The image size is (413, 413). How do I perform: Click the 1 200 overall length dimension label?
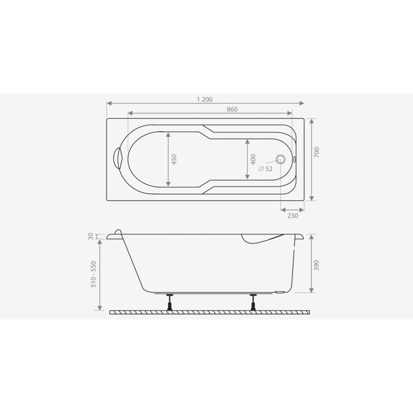pos(205,99)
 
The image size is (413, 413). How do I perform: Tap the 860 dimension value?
pos(232,109)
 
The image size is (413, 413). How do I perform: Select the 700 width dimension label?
pos(317,152)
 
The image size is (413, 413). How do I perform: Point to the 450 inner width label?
pos(174,160)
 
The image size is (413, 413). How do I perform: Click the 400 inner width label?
pos(253,160)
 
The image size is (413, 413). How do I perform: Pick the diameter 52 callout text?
pos(266,169)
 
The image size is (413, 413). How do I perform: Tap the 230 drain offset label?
pos(293,216)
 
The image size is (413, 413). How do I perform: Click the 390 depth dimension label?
pos(317,265)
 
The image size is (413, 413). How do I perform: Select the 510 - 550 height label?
pos(94,274)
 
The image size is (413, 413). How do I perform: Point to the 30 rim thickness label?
pos(91,236)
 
